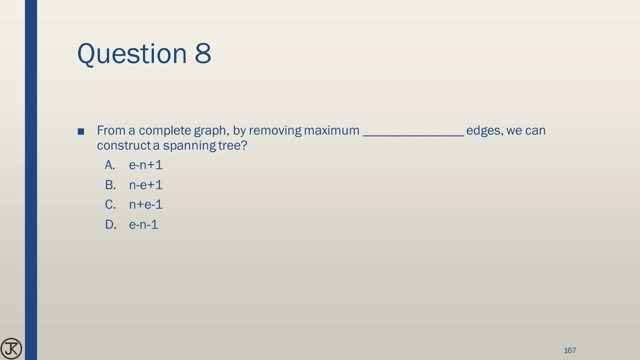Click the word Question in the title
click(132, 54)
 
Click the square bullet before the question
click(81, 132)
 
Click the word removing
click(275, 131)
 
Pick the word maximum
click(332, 131)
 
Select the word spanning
click(189, 146)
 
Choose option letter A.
click(110, 165)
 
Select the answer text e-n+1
click(146, 165)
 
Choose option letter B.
click(110, 185)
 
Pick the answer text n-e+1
click(146, 185)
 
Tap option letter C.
click(110, 205)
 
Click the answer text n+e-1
click(146, 205)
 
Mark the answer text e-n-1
click(143, 225)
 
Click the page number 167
click(570, 350)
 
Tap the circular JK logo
click(11, 349)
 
